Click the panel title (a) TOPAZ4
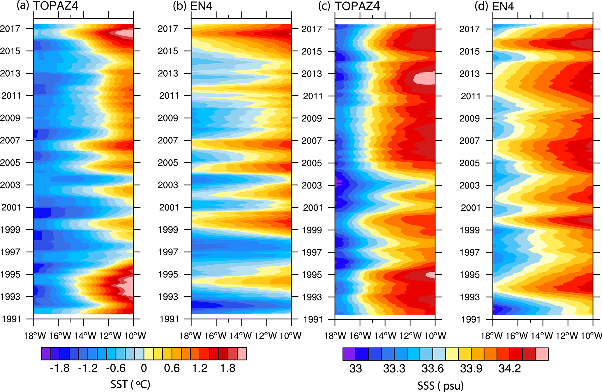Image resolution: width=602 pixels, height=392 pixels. (x=47, y=6)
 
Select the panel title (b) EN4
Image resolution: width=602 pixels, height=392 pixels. (x=193, y=6)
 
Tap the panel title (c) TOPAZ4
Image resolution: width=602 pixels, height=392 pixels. (x=349, y=6)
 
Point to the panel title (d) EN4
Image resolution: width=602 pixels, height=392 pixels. (x=494, y=6)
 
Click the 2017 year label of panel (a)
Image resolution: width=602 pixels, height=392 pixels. (x=10, y=29)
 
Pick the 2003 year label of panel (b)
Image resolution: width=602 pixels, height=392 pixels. (x=168, y=185)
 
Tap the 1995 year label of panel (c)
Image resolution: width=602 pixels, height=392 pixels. (x=312, y=275)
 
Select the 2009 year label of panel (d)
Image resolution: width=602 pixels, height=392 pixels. (x=469, y=118)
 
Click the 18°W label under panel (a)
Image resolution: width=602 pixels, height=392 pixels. (x=35, y=336)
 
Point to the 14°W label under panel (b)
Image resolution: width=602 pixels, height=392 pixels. (x=241, y=336)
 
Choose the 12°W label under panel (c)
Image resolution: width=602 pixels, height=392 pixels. (x=410, y=336)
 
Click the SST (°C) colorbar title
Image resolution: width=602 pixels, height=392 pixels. (x=130, y=384)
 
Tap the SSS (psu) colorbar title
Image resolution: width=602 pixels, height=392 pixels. (x=440, y=386)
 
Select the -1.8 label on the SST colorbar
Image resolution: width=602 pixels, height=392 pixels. (x=60, y=368)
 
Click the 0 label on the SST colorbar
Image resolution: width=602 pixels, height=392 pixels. (x=144, y=368)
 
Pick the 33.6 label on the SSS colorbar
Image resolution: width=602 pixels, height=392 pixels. (x=432, y=369)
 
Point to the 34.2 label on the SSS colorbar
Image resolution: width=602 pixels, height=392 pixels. (x=510, y=369)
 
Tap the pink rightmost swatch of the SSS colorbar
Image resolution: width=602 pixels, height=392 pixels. (x=542, y=354)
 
